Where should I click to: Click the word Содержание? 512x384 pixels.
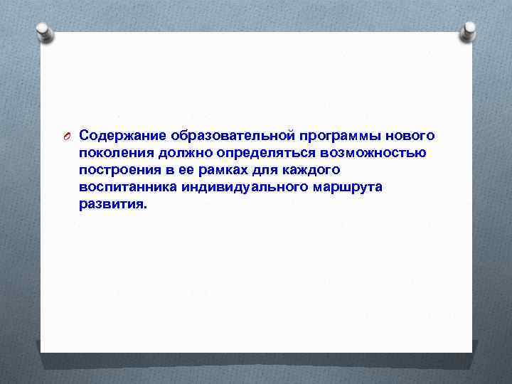(x=119, y=135)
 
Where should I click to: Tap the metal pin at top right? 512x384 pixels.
(x=468, y=31)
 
